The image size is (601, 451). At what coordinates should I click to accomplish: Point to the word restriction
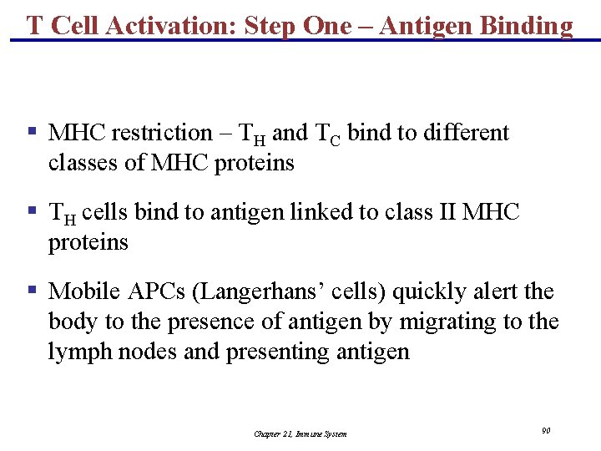[x=162, y=133]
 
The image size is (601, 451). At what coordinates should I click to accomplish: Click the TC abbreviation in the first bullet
[x=327, y=134]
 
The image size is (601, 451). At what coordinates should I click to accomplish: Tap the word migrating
[x=458, y=322]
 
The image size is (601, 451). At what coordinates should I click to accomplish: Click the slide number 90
[x=545, y=430]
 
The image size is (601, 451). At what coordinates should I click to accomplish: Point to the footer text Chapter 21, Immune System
[x=300, y=433]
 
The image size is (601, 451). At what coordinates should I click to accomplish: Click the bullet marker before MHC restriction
[x=31, y=132]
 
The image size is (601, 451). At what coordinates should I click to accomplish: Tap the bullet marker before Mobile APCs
[x=31, y=291]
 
